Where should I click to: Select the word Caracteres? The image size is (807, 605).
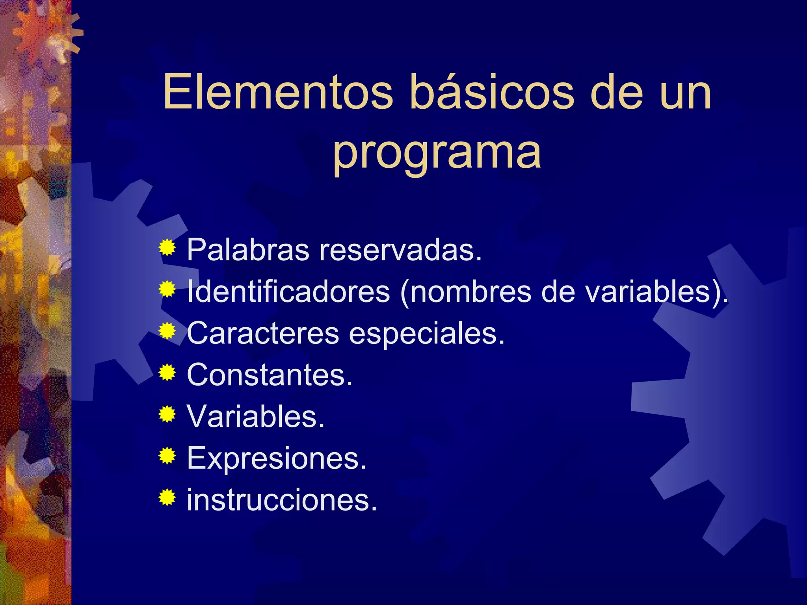click(x=263, y=333)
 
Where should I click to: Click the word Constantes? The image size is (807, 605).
click(x=270, y=375)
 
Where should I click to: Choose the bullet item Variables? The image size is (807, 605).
click(x=256, y=416)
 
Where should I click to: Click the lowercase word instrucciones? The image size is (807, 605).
click(x=282, y=500)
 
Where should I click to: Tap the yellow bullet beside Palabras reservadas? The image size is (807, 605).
click(x=167, y=248)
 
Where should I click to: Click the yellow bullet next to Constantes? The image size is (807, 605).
click(x=167, y=373)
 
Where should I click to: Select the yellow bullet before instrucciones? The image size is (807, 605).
click(x=167, y=497)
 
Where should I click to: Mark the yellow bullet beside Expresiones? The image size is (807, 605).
click(x=167, y=456)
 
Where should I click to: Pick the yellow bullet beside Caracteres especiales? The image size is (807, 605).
click(x=167, y=331)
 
